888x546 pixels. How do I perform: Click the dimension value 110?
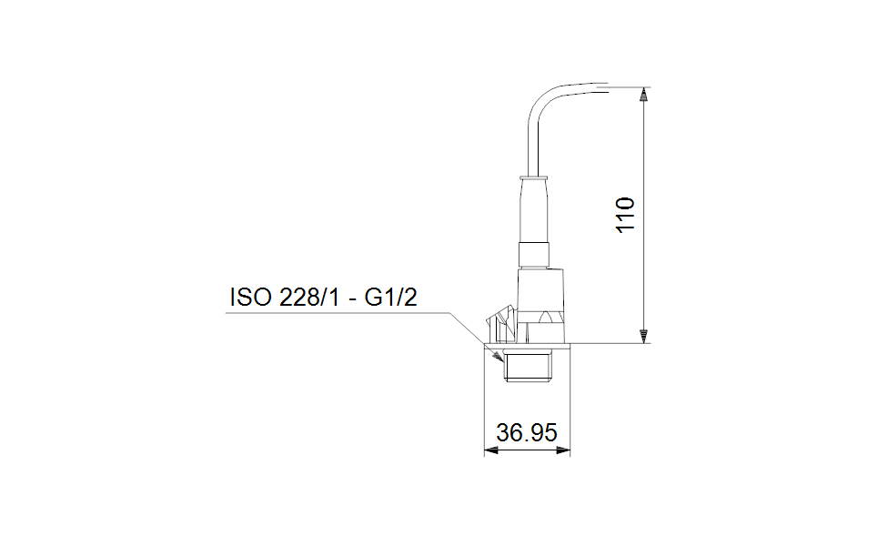coord(625,214)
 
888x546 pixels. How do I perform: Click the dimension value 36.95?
coord(526,433)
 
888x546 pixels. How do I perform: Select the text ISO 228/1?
coord(287,298)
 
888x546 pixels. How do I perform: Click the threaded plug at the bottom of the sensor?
coord(527,367)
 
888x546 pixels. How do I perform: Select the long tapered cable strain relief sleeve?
coord(533,209)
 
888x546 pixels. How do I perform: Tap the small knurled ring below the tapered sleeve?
coord(534,254)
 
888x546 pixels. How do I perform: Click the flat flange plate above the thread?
coord(527,344)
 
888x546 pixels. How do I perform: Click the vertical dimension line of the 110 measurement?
coord(643,273)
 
